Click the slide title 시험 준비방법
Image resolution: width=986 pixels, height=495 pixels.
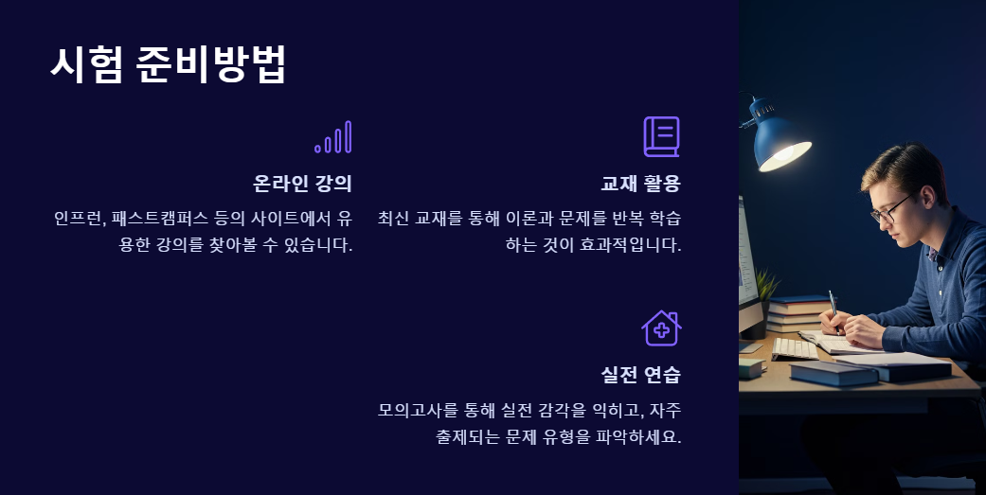pos(168,65)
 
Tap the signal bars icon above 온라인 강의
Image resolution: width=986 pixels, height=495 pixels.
pos(333,137)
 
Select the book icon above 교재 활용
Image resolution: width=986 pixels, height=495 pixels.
pos(661,137)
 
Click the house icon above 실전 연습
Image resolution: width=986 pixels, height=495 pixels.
pos(661,328)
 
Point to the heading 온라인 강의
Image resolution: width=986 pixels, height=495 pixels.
pos(302,184)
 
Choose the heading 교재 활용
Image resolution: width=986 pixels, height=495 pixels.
pos(640,184)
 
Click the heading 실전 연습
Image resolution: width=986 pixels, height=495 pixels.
pos(640,375)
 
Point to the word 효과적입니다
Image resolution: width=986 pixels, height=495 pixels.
pos(633,246)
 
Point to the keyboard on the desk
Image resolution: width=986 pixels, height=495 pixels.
pos(794,348)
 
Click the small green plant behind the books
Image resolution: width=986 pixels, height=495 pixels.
pos(766,283)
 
